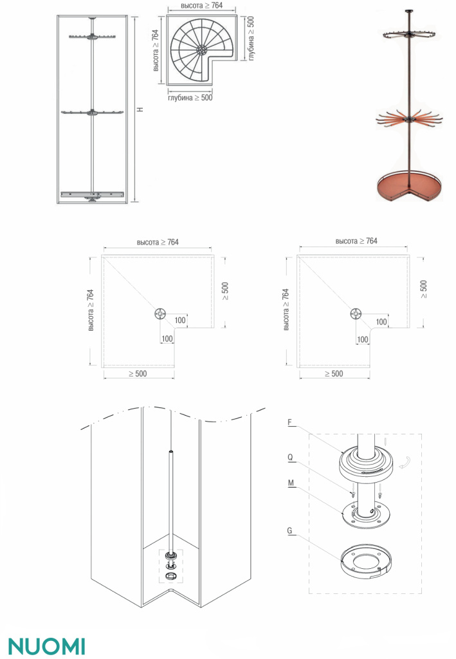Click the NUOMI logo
coord(46,646)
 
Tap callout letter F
coord(289,422)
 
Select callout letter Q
coord(290,458)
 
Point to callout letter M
coord(291,483)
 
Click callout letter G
coord(289,531)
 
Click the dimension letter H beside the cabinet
coord(141,109)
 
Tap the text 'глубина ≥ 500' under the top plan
coord(190,98)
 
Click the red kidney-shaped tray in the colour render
coord(409,185)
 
